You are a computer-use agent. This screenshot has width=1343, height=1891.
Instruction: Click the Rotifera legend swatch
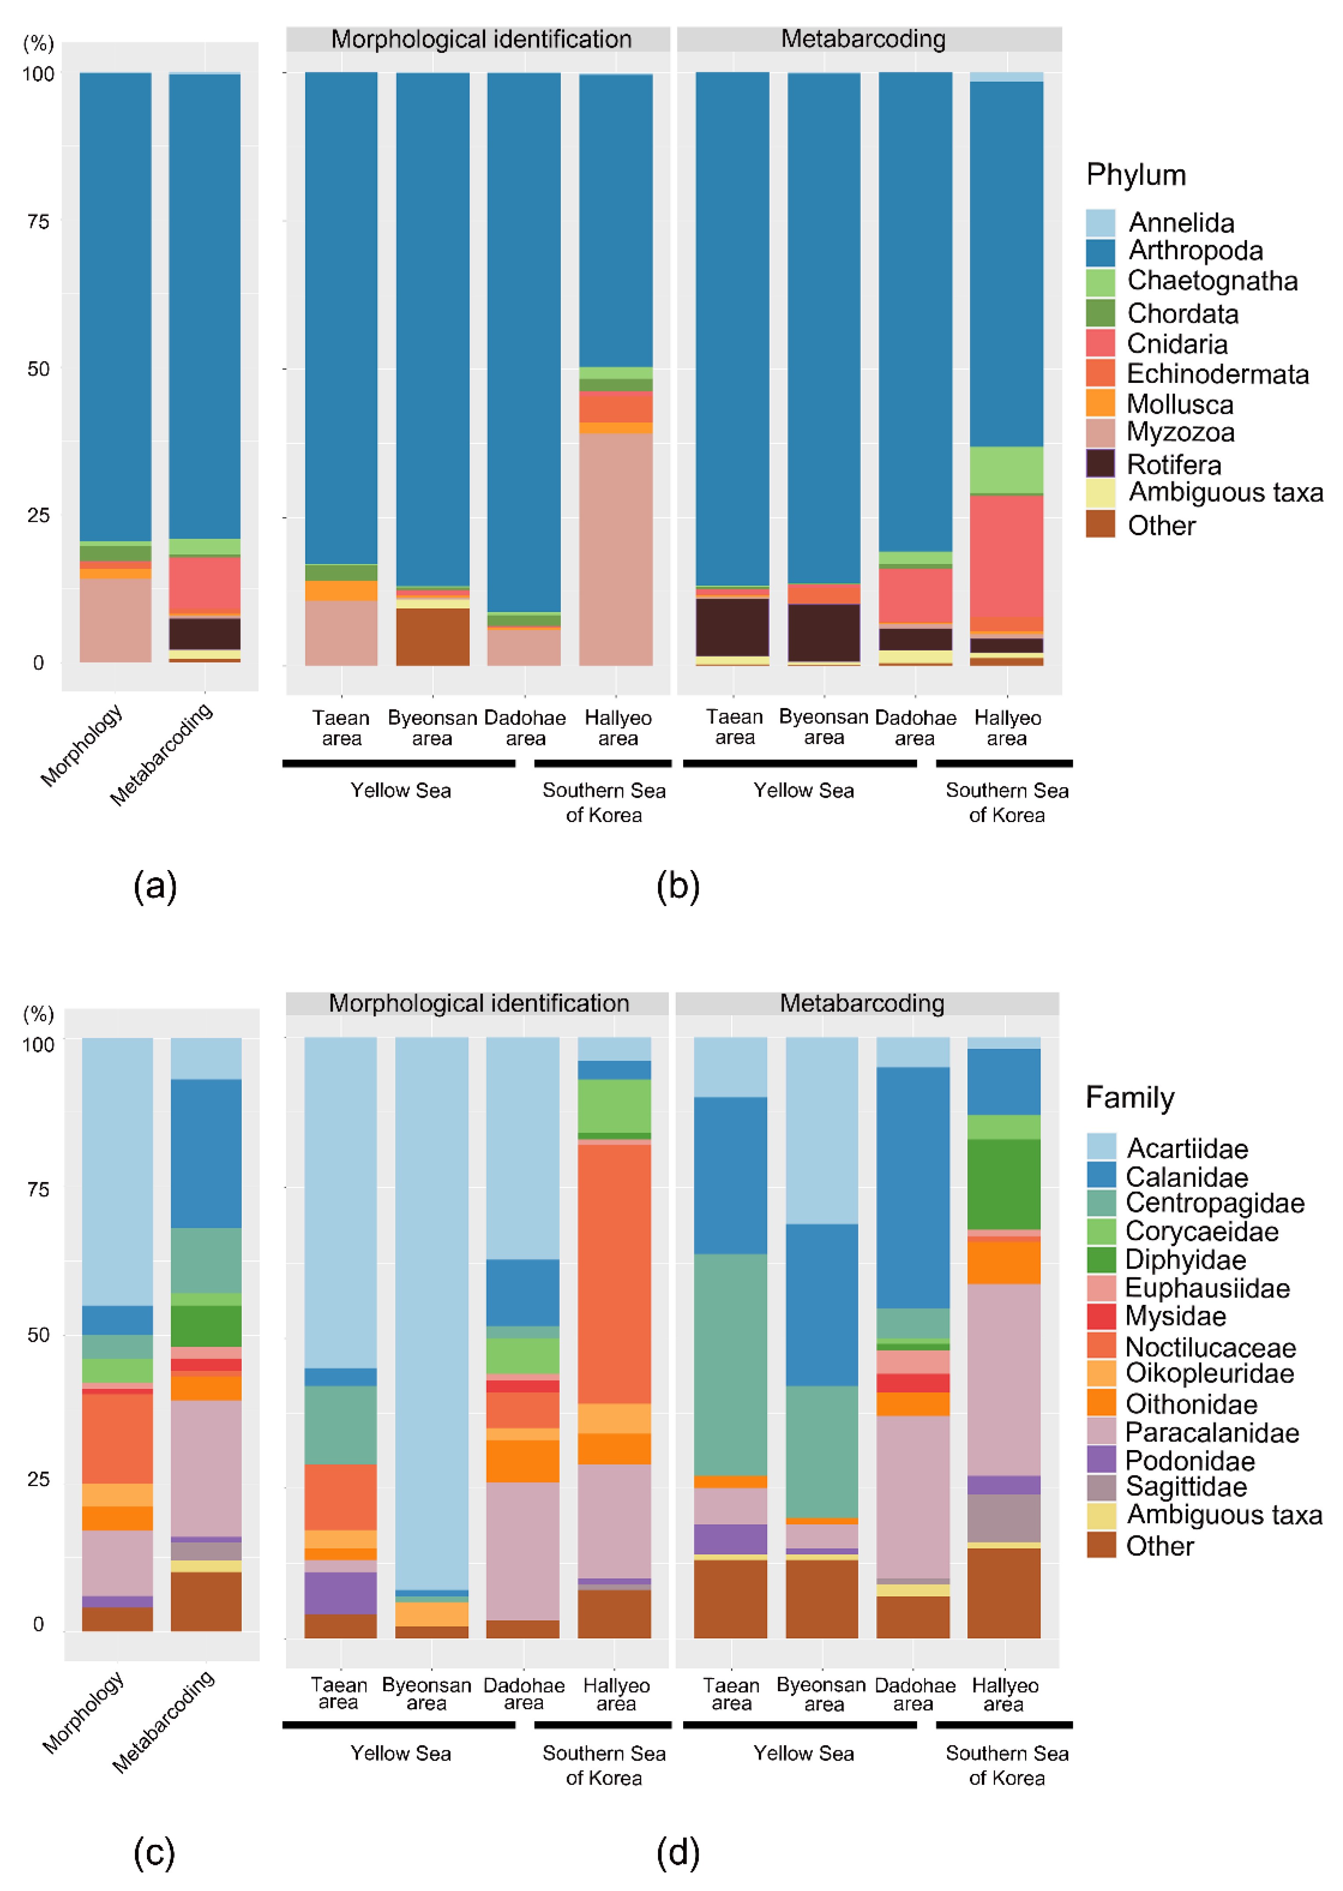click(1100, 463)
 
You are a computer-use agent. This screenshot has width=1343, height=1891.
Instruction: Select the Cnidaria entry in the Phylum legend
click(1177, 344)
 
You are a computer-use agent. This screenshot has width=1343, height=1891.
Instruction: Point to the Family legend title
click(1130, 1098)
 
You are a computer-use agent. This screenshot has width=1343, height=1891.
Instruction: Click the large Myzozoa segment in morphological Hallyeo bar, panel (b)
click(615, 549)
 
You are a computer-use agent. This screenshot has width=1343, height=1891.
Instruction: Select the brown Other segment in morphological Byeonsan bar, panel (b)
click(432, 637)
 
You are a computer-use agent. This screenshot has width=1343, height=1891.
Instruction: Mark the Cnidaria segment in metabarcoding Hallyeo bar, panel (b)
click(1006, 557)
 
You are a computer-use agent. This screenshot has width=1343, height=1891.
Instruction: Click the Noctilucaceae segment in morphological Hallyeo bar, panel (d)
click(615, 1274)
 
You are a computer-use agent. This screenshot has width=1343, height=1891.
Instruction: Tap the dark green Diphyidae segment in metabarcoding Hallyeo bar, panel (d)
click(1004, 1185)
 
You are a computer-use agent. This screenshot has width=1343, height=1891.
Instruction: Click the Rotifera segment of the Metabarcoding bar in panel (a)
click(205, 634)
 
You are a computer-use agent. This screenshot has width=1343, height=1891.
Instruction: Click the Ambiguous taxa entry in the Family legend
click(1224, 1515)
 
